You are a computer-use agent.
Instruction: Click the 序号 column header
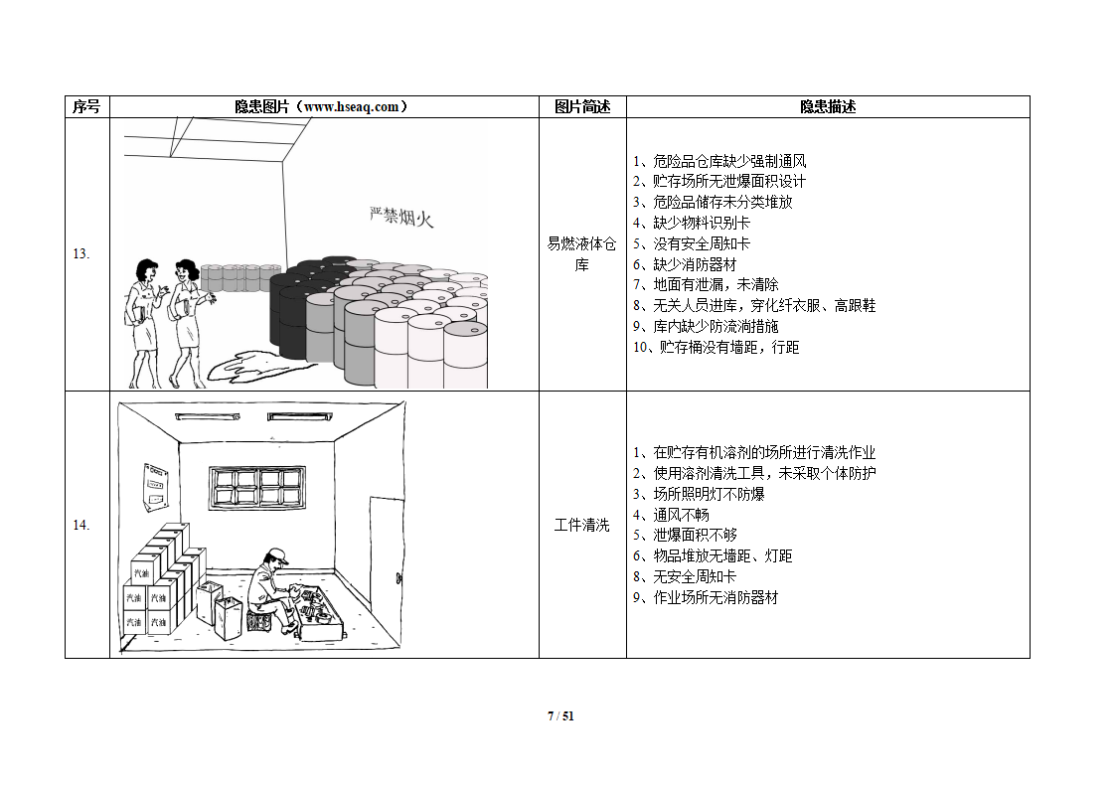(x=86, y=106)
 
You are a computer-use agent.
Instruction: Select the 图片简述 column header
(x=582, y=106)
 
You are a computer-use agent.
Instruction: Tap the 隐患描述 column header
(x=828, y=106)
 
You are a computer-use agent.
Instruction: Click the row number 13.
(x=81, y=254)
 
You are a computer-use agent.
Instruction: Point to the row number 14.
(x=81, y=525)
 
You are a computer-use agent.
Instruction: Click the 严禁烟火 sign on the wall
(x=401, y=217)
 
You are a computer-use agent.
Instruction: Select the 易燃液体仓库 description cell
(x=581, y=254)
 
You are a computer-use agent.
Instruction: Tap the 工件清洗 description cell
(x=581, y=525)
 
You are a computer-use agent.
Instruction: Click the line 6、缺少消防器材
(x=685, y=264)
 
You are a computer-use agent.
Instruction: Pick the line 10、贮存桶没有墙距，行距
(x=717, y=347)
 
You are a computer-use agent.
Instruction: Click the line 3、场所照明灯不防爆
(x=699, y=494)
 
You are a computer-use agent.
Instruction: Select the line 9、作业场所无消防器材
(x=706, y=597)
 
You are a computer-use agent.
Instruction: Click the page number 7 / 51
(x=560, y=716)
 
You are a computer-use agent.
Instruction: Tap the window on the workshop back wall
(x=257, y=487)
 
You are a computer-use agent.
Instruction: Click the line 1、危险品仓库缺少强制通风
(x=719, y=161)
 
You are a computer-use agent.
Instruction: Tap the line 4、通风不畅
(x=671, y=514)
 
